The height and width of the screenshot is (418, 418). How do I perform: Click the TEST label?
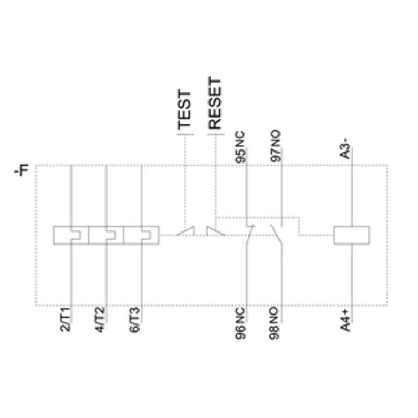tap(184, 110)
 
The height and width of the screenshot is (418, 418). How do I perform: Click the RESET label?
tap(215, 103)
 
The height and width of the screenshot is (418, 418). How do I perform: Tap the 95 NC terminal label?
tap(240, 147)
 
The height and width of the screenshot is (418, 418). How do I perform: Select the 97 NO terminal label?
tap(275, 146)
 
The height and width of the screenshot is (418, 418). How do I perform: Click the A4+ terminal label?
tap(345, 320)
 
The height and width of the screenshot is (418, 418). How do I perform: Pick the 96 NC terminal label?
tap(240, 323)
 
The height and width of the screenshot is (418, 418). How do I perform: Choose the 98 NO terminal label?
tap(274, 323)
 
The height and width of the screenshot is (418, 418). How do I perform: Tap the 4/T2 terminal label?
tap(100, 319)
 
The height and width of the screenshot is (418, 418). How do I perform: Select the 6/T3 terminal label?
tap(135, 319)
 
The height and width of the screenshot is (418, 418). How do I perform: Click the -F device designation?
tap(21, 170)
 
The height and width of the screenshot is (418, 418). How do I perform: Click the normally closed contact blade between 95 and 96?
tap(250, 235)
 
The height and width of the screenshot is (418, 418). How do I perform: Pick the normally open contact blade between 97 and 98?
tap(276, 234)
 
